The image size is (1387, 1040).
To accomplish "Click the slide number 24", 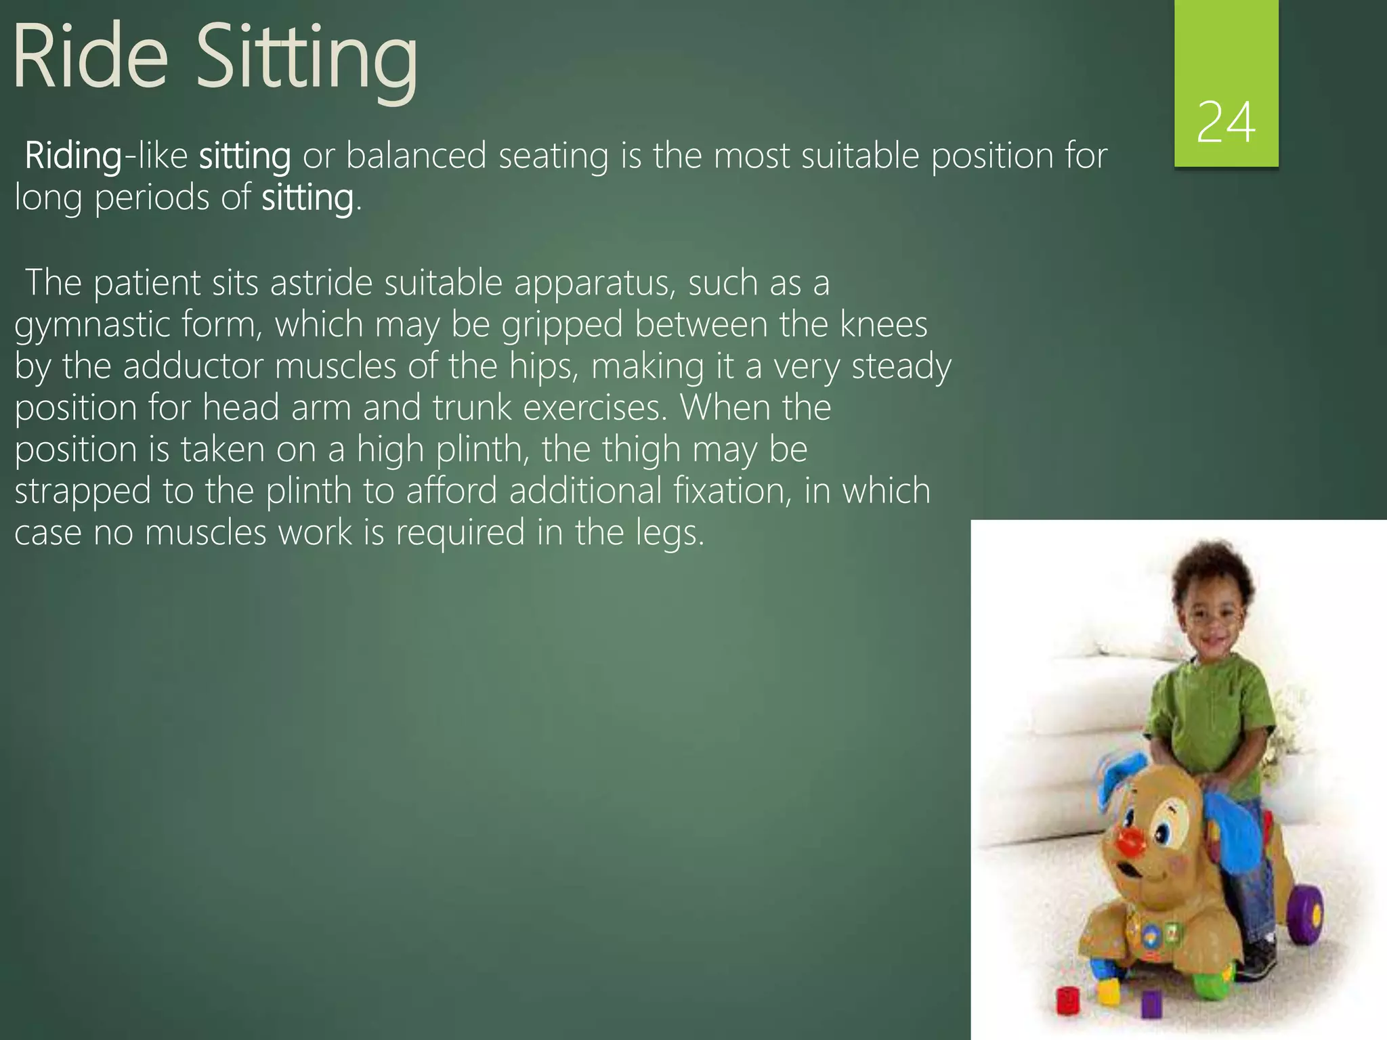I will pos(1226,123).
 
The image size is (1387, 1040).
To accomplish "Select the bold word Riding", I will pos(73,156).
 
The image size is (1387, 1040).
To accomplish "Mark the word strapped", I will pos(83,492).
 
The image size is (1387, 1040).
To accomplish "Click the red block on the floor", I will pos(1068,1000).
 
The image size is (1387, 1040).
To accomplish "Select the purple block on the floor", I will pos(1151,1005).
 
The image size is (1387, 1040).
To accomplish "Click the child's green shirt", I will pos(1212,711).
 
